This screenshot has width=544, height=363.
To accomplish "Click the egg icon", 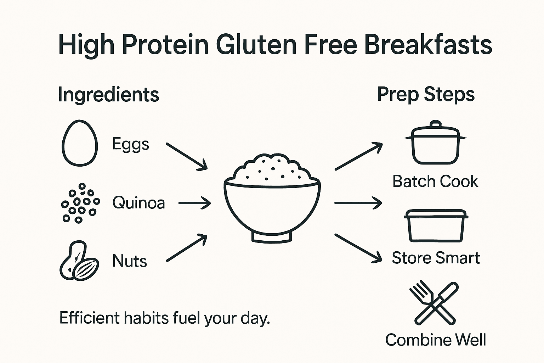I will [x=80, y=143].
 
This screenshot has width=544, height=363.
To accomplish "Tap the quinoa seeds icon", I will [x=80, y=203].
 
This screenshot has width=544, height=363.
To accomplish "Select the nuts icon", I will [x=79, y=261].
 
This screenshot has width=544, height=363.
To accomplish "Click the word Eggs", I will [x=131, y=144].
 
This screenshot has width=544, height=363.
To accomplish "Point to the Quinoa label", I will [x=138, y=203].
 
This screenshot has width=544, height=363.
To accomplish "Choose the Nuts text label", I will [x=129, y=261].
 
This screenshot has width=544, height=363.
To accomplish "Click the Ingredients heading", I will [x=108, y=95].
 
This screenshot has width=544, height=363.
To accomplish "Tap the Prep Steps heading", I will [x=426, y=95].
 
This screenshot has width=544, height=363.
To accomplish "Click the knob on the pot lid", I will [x=435, y=124].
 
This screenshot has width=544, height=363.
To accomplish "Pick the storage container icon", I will [x=436, y=225].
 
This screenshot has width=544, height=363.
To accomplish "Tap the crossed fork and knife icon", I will [x=434, y=303].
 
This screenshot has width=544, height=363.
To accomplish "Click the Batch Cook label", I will [x=435, y=181].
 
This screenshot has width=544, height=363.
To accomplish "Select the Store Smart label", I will [x=436, y=258].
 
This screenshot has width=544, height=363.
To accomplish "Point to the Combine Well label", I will [x=436, y=340].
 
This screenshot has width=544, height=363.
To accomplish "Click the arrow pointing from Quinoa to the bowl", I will [x=194, y=203].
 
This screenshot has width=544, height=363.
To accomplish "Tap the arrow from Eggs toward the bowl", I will [x=187, y=157].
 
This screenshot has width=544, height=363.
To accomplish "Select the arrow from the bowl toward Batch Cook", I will [x=358, y=156].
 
